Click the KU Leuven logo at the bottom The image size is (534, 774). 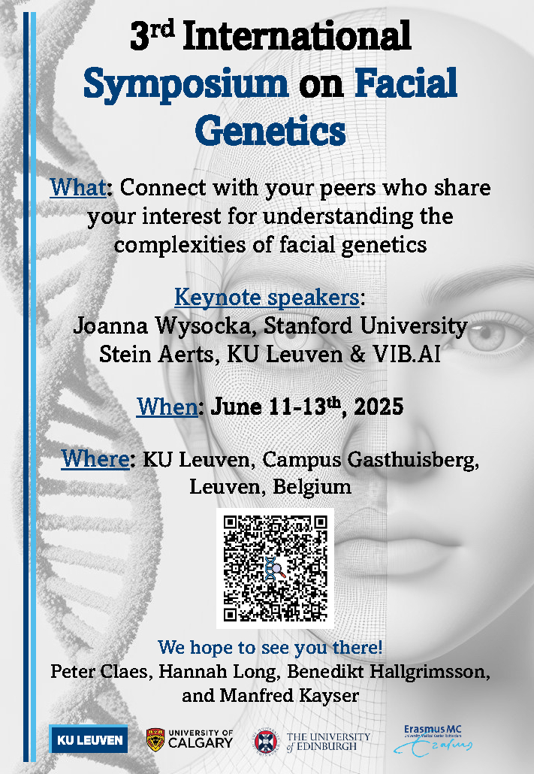pos(89,739)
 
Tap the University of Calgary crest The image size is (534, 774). pos(155,739)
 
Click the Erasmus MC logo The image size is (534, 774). pos(433,740)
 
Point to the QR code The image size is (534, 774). pos(275,568)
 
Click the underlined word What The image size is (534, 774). pos(78,188)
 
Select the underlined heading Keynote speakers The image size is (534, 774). pos(267,297)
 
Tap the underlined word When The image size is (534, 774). pos(167,407)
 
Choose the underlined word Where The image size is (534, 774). pos(95,458)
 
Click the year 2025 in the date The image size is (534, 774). pos(379,407)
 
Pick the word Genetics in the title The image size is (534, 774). pos(270,131)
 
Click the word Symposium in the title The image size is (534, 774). pos(186,84)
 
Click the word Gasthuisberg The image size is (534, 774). pos(413,460)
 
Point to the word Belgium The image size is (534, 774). pos(312,487)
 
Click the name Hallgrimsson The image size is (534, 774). pos(430,672)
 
